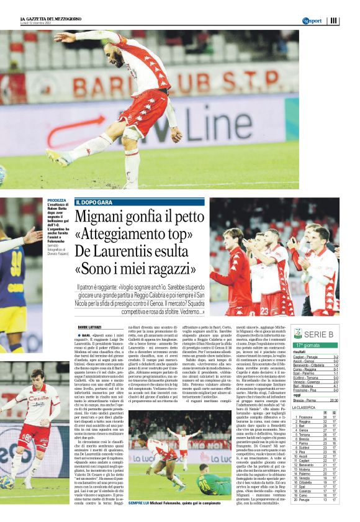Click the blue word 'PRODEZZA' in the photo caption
(56, 200)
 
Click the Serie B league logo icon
(298, 333)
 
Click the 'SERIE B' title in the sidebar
(323, 334)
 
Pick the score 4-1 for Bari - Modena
(335, 386)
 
